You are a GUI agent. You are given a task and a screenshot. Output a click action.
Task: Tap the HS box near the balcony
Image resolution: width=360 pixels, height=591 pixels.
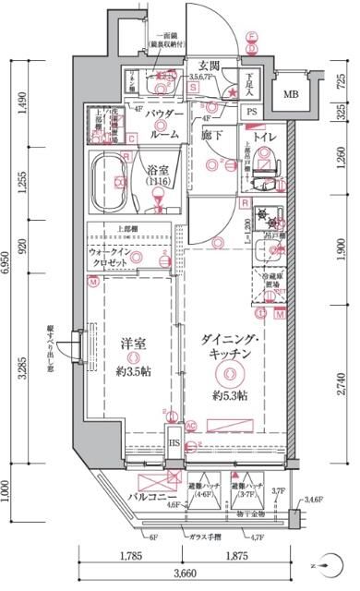pyautogui.click(x=174, y=444)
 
